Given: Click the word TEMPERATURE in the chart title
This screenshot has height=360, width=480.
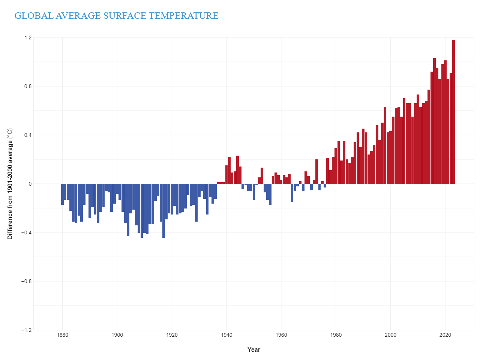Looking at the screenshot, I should coord(183,16).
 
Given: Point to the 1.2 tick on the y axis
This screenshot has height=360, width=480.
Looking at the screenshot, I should coord(28,37).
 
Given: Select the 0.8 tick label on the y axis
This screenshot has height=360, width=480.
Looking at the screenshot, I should coord(28,86).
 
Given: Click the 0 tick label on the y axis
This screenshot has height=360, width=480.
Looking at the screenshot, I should coord(30,184).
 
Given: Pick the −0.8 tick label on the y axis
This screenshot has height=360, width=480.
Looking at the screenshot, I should coord(26,281).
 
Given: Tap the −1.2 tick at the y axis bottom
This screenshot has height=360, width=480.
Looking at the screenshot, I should coord(26,330).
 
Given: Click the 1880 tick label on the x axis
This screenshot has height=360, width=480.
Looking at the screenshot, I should coord(63,335).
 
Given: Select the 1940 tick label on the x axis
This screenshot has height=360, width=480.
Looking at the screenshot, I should coord(226,335).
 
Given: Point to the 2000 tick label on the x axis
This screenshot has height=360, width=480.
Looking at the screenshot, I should coord(390,335).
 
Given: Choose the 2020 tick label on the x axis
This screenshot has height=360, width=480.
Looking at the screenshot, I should coord(445,335).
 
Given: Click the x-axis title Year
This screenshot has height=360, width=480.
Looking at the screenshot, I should coord(254,349).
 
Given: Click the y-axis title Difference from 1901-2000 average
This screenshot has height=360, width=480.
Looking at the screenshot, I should coord(10,184).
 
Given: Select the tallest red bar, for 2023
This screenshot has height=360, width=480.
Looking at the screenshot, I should coord(453,112).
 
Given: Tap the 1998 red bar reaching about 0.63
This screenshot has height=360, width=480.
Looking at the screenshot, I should coord(385,146).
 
